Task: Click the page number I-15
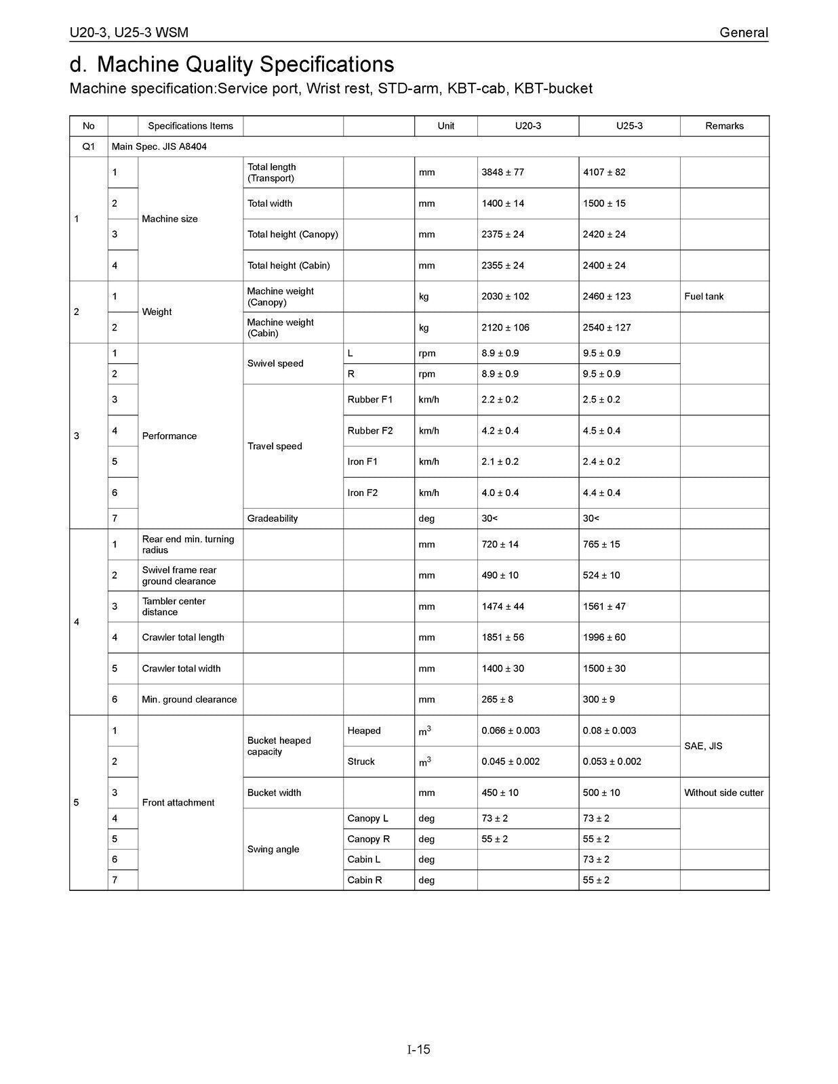(419, 1049)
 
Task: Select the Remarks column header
(724, 126)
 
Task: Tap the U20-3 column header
(528, 126)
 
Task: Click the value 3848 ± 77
(502, 172)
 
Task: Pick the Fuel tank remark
(704, 296)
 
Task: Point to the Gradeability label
(273, 518)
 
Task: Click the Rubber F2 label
(370, 430)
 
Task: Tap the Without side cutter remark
(723, 793)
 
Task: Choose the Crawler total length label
(182, 638)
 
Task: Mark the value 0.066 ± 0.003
(511, 730)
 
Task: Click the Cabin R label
(365, 880)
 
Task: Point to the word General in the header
(744, 33)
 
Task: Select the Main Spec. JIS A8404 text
(159, 146)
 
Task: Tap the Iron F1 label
(363, 461)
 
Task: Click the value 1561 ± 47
(604, 606)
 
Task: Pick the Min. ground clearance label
(189, 699)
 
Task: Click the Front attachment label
(178, 803)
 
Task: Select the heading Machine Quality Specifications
(245, 64)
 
